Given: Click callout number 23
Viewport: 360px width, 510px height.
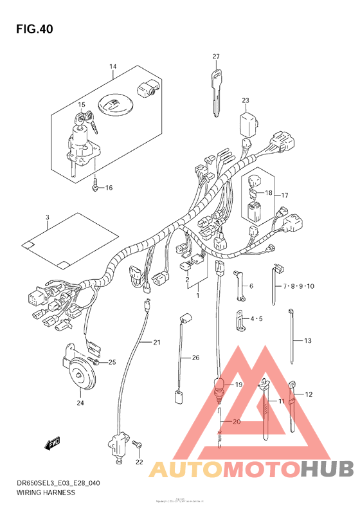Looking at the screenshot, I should (x=245, y=100).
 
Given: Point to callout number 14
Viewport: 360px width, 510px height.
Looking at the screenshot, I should (x=112, y=67).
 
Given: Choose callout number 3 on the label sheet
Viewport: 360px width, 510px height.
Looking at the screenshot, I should (x=47, y=218).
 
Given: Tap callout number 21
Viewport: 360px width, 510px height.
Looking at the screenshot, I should (x=156, y=342).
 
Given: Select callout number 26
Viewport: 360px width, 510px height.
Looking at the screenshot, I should (x=195, y=358).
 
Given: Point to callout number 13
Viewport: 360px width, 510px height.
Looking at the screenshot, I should (x=307, y=340).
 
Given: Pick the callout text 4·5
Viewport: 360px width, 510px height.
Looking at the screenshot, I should (x=256, y=318).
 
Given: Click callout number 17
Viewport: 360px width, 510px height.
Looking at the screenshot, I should (x=285, y=195).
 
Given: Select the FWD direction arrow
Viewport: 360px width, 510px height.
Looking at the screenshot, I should (x=52, y=443).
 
